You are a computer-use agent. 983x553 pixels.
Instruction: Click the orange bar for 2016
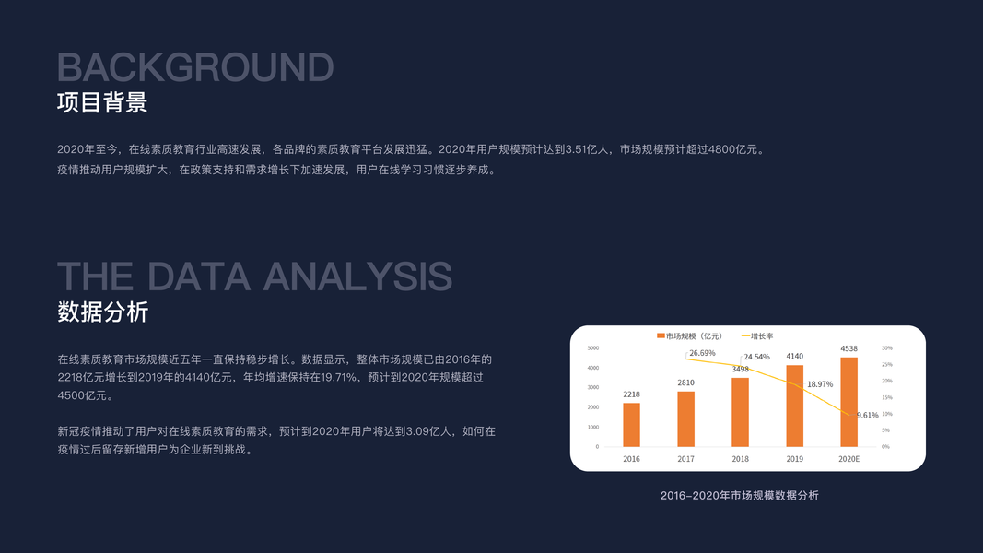(x=631, y=425)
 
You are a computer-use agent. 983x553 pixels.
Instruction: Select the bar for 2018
(x=741, y=412)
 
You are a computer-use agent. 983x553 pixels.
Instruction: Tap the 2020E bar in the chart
(x=848, y=402)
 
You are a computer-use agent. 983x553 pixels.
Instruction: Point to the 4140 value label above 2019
(x=794, y=356)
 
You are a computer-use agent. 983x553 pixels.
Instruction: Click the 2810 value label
(x=685, y=382)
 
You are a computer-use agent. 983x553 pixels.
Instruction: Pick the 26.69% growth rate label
(x=702, y=353)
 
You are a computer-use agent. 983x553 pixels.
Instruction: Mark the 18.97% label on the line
(x=820, y=384)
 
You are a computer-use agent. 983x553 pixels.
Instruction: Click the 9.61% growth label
(x=868, y=415)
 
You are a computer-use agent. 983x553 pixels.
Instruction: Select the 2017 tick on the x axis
(x=685, y=459)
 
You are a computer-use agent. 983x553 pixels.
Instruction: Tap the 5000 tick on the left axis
(x=593, y=348)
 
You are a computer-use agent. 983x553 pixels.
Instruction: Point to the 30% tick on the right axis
(x=886, y=348)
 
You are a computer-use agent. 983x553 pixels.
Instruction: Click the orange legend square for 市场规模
(x=661, y=336)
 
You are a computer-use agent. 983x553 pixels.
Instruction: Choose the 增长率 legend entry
(x=757, y=336)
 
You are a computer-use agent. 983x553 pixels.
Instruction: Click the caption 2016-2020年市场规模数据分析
(x=740, y=495)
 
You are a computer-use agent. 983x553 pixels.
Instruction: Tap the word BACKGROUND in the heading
(x=195, y=67)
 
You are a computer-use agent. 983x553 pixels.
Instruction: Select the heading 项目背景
(x=102, y=102)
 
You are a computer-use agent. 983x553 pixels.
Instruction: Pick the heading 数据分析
(x=103, y=312)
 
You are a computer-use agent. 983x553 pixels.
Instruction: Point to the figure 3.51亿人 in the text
(x=587, y=149)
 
